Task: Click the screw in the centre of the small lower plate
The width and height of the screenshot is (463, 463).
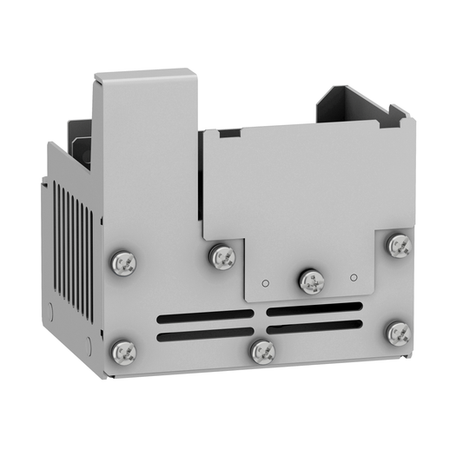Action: [311, 281]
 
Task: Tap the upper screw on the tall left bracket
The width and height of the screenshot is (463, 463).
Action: [122, 261]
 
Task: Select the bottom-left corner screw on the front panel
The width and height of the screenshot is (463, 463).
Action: [122, 350]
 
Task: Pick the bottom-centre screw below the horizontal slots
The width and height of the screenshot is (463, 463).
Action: [261, 352]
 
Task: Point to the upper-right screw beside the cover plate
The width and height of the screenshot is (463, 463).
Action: [398, 246]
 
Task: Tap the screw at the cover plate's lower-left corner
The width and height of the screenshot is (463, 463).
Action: [222, 256]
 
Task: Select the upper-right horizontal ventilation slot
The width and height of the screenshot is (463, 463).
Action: [314, 308]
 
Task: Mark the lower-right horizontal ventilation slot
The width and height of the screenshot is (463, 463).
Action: [314, 327]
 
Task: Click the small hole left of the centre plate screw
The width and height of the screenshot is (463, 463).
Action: [267, 282]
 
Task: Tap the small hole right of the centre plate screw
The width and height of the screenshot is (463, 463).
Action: [354, 277]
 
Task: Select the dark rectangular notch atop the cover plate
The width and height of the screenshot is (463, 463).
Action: [229, 134]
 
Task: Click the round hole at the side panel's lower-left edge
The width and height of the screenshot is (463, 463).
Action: [50, 309]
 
